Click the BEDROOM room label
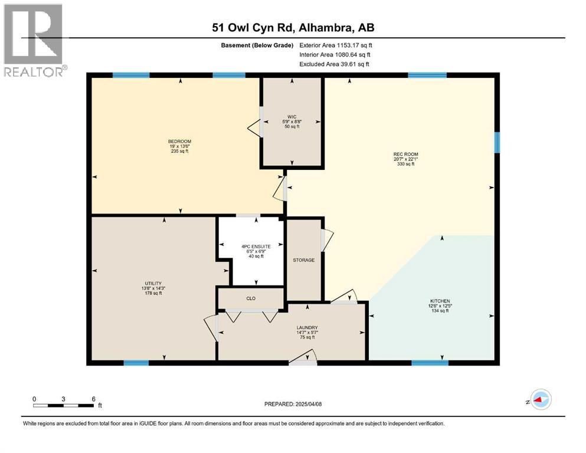coord(179,142)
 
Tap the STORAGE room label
coord(304,260)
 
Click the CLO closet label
coord(250,298)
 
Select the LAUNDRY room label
coord(307,328)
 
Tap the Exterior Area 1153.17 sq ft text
coord(336,45)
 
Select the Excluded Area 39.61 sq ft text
coord(336,64)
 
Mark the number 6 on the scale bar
coord(93,399)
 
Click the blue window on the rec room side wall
coord(497,142)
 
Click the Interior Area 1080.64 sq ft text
coord(336,54)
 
